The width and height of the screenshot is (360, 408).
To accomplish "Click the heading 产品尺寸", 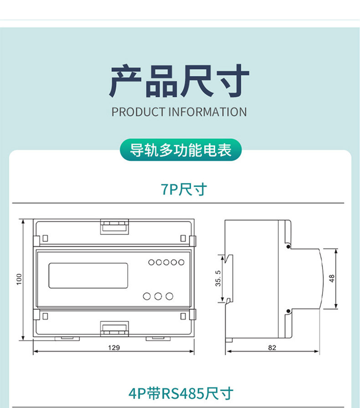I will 179,82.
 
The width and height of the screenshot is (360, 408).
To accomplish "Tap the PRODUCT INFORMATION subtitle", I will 179,112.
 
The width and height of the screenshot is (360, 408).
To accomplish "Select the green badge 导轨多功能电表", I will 180,150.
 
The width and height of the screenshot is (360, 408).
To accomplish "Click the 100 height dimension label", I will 19,279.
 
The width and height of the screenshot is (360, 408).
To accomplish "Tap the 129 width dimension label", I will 114,347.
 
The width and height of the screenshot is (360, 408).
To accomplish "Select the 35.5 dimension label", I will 218,279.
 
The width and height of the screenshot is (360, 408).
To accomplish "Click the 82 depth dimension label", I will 272,347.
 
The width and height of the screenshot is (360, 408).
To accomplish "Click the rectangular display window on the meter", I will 88,275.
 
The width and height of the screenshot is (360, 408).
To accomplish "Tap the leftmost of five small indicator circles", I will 151,262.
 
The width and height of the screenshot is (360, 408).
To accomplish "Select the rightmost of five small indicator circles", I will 181,262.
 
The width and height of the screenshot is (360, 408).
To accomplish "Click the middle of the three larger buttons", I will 158,296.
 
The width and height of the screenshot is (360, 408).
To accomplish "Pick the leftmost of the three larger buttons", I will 147,296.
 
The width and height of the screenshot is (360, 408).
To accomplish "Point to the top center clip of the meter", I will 114,226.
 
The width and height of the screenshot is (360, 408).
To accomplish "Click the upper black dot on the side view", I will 288,247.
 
